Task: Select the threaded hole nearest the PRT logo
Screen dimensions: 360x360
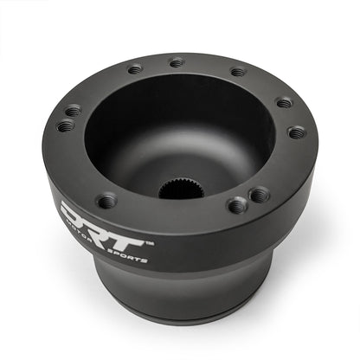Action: click(x=106, y=201)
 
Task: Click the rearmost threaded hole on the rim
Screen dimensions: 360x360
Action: click(x=177, y=62)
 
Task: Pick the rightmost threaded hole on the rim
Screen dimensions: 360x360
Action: click(x=296, y=132)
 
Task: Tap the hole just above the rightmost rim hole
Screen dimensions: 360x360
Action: click(x=284, y=102)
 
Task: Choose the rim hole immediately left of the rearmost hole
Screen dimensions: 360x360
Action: click(x=134, y=69)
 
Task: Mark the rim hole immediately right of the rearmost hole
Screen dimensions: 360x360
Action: click(x=237, y=71)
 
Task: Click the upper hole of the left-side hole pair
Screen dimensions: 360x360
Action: click(x=73, y=110)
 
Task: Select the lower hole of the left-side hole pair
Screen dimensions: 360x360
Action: click(x=65, y=125)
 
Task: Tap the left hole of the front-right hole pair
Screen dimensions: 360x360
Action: click(x=236, y=205)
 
